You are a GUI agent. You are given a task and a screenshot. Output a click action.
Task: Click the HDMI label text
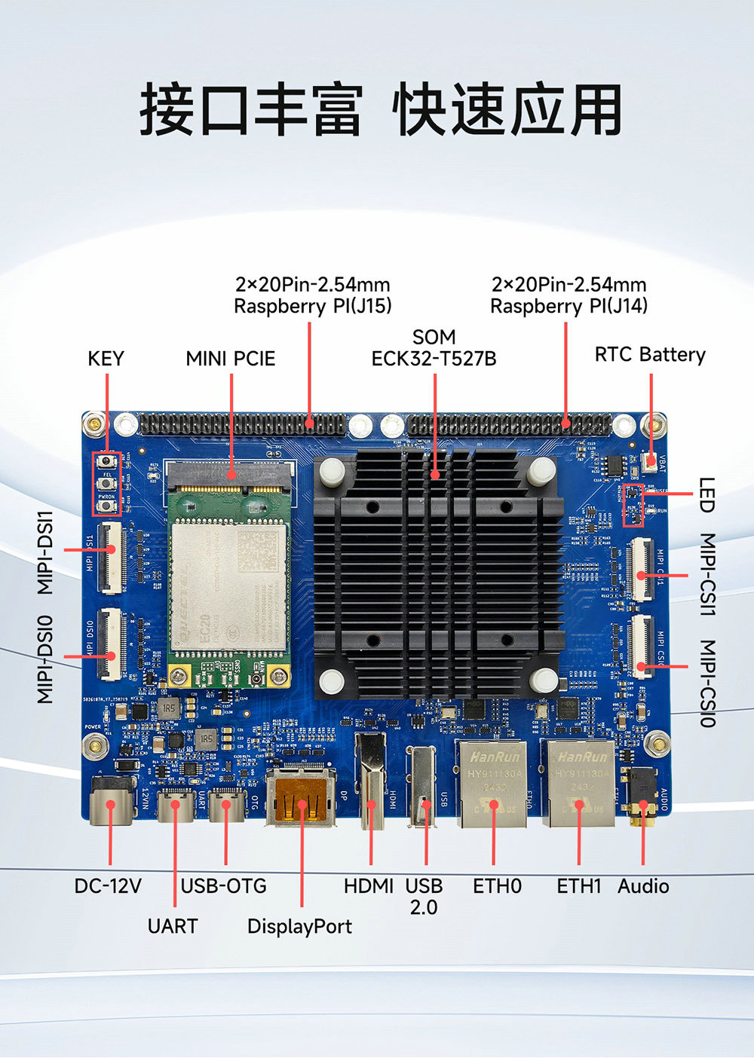coord(369,886)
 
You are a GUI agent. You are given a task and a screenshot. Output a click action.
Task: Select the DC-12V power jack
coord(110,802)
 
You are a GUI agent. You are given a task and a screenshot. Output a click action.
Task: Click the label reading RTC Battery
coord(650,355)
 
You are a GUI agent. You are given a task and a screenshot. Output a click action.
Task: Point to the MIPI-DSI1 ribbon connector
coord(112,558)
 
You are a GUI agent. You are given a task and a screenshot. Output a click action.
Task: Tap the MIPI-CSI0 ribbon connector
coord(642,647)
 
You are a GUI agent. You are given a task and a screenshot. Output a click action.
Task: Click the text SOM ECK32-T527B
coord(434,348)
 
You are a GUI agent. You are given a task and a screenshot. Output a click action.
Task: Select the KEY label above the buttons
coord(106,359)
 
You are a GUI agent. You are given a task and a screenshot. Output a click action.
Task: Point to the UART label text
coord(173,926)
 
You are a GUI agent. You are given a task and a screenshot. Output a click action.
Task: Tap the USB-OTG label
coord(224,886)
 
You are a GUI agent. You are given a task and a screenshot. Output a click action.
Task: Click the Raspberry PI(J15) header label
coord(312,295)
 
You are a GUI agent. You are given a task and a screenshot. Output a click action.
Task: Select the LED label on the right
coord(706,495)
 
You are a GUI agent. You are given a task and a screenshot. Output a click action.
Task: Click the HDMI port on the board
coord(371,784)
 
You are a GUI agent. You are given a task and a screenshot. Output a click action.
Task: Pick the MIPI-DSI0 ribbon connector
coord(112,643)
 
